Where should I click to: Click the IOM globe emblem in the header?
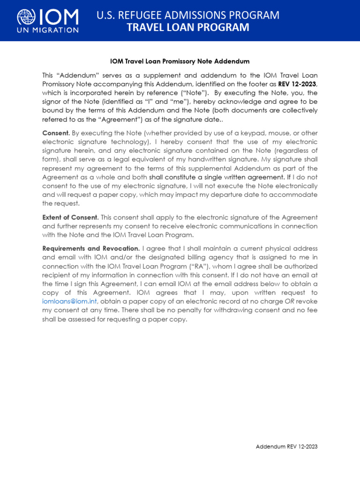[26, 18]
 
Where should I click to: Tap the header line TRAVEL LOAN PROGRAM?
[188, 28]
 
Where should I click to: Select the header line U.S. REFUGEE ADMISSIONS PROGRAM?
[188, 15]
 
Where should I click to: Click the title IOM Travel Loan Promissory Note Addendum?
[180, 61]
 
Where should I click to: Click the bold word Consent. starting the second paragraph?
[56, 133]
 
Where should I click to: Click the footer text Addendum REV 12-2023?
[286, 447]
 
